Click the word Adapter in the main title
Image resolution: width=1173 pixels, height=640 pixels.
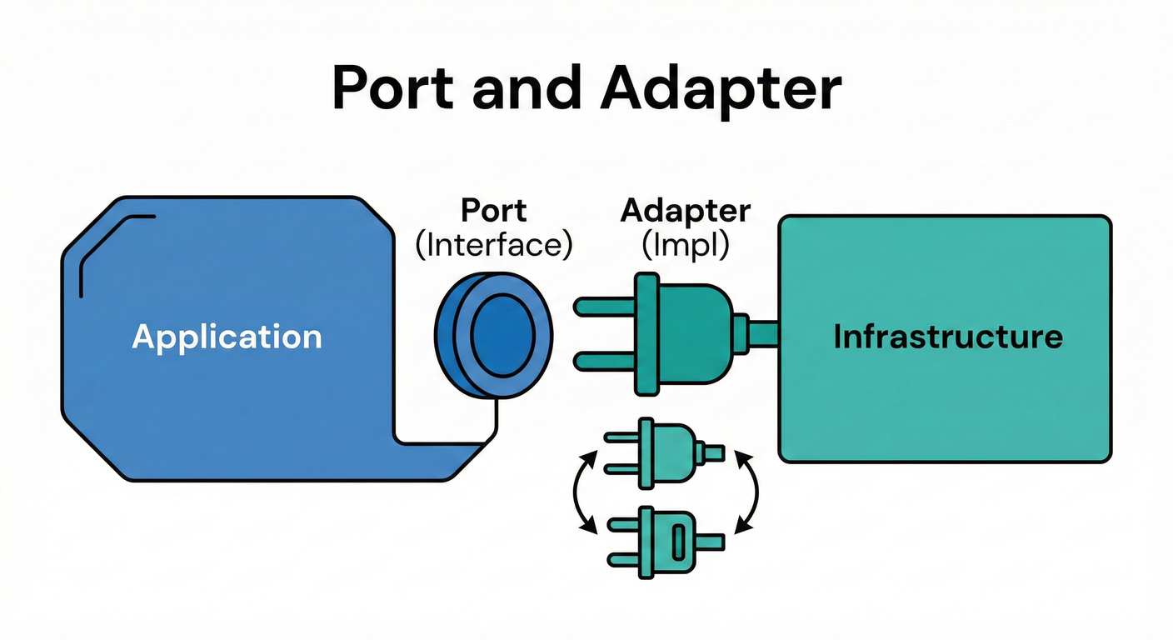[x=720, y=87]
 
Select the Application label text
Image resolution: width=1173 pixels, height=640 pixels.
[x=227, y=337]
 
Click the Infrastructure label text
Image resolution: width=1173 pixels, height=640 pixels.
[x=948, y=337]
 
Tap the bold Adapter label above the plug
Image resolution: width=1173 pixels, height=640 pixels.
[x=685, y=211]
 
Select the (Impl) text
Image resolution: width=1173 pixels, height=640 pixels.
[x=685, y=246]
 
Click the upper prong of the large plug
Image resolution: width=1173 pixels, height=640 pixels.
[x=605, y=307]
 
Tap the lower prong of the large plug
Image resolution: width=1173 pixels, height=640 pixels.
[x=605, y=360]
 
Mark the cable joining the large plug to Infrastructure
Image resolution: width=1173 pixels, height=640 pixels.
[x=762, y=333]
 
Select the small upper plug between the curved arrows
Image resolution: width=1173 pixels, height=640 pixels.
[x=662, y=453]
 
